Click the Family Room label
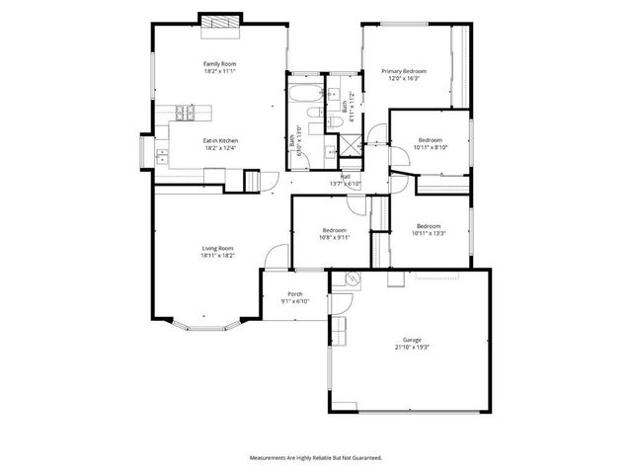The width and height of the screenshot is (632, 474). tap(220, 64)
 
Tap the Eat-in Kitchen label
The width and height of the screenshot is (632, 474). tap(220, 141)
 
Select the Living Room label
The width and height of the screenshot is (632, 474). tap(218, 248)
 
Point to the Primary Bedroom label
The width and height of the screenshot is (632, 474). tap(404, 72)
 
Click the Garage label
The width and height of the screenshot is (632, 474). tap(411, 339)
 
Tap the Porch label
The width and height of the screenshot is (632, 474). tap(294, 294)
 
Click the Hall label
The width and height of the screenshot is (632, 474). tap(346, 176)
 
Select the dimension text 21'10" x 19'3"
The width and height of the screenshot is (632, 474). tap(411, 347)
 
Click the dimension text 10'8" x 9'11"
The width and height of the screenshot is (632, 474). tap(334, 237)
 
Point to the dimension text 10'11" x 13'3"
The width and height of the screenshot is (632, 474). tap(430, 234)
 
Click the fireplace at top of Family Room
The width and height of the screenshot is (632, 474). tap(219, 23)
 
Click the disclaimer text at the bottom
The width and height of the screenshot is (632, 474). tap(316, 458)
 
